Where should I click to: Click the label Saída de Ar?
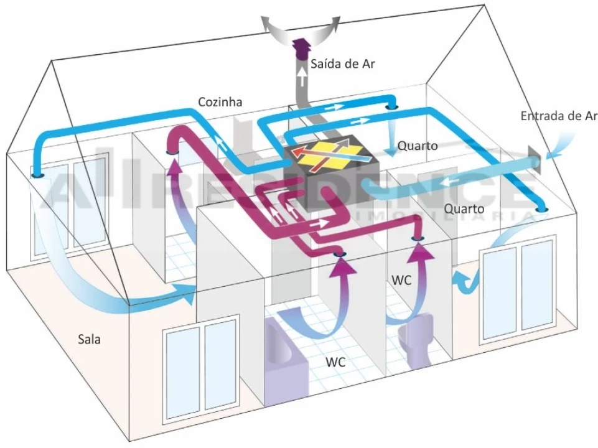tap(342, 63)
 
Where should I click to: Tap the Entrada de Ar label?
tap(559, 116)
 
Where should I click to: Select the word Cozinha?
tap(220, 102)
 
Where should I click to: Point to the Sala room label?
tap(89, 339)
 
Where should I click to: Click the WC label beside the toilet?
tap(401, 280)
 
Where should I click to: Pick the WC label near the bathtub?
tap(335, 362)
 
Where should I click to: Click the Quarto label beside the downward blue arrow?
tap(418, 146)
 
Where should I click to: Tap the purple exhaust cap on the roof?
tap(302, 49)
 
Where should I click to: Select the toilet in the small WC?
tap(416, 339)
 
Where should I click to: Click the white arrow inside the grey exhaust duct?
tap(302, 78)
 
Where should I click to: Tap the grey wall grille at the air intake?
tap(535, 159)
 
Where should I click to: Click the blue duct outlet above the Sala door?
tap(37, 175)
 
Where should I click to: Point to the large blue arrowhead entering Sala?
tap(186, 292)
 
